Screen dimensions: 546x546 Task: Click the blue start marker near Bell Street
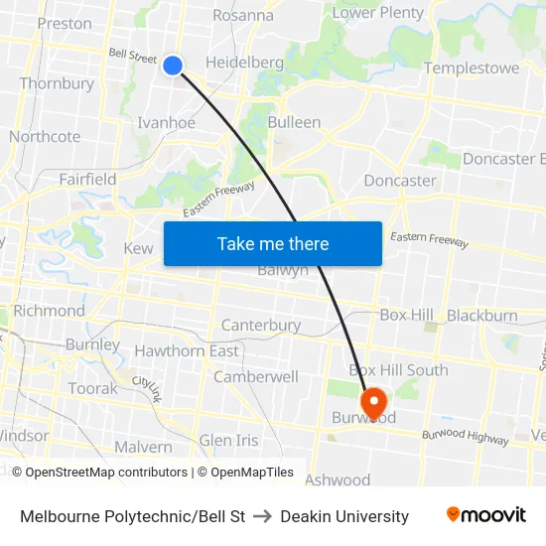[173, 66]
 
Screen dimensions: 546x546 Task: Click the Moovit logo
[486, 515]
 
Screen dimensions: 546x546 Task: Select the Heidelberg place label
[244, 63]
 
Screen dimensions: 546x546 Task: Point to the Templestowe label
[472, 68]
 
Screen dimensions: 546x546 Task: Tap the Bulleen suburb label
[294, 122]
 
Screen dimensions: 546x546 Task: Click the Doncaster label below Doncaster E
[400, 181]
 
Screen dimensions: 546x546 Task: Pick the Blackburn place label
[481, 316]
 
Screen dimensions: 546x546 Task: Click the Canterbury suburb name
[260, 326]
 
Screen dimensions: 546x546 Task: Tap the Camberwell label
[256, 377]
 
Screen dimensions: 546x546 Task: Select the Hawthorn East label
[187, 351]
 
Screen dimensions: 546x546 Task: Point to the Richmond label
[50, 311]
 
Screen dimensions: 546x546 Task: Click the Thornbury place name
[57, 83]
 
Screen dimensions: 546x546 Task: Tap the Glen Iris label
[228, 440]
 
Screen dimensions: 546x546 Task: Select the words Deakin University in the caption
[344, 516]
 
